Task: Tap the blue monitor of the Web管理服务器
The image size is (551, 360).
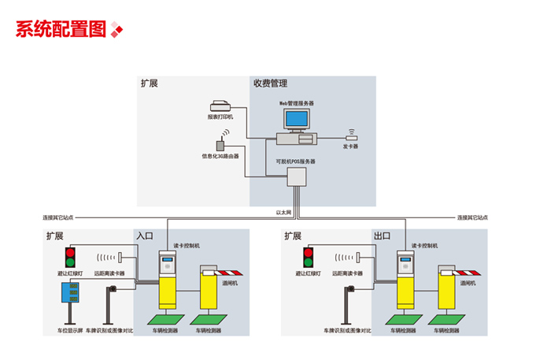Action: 297,120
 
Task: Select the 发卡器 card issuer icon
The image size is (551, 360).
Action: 351,137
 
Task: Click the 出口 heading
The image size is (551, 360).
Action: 383,236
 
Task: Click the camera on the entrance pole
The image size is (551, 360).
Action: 114,290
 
